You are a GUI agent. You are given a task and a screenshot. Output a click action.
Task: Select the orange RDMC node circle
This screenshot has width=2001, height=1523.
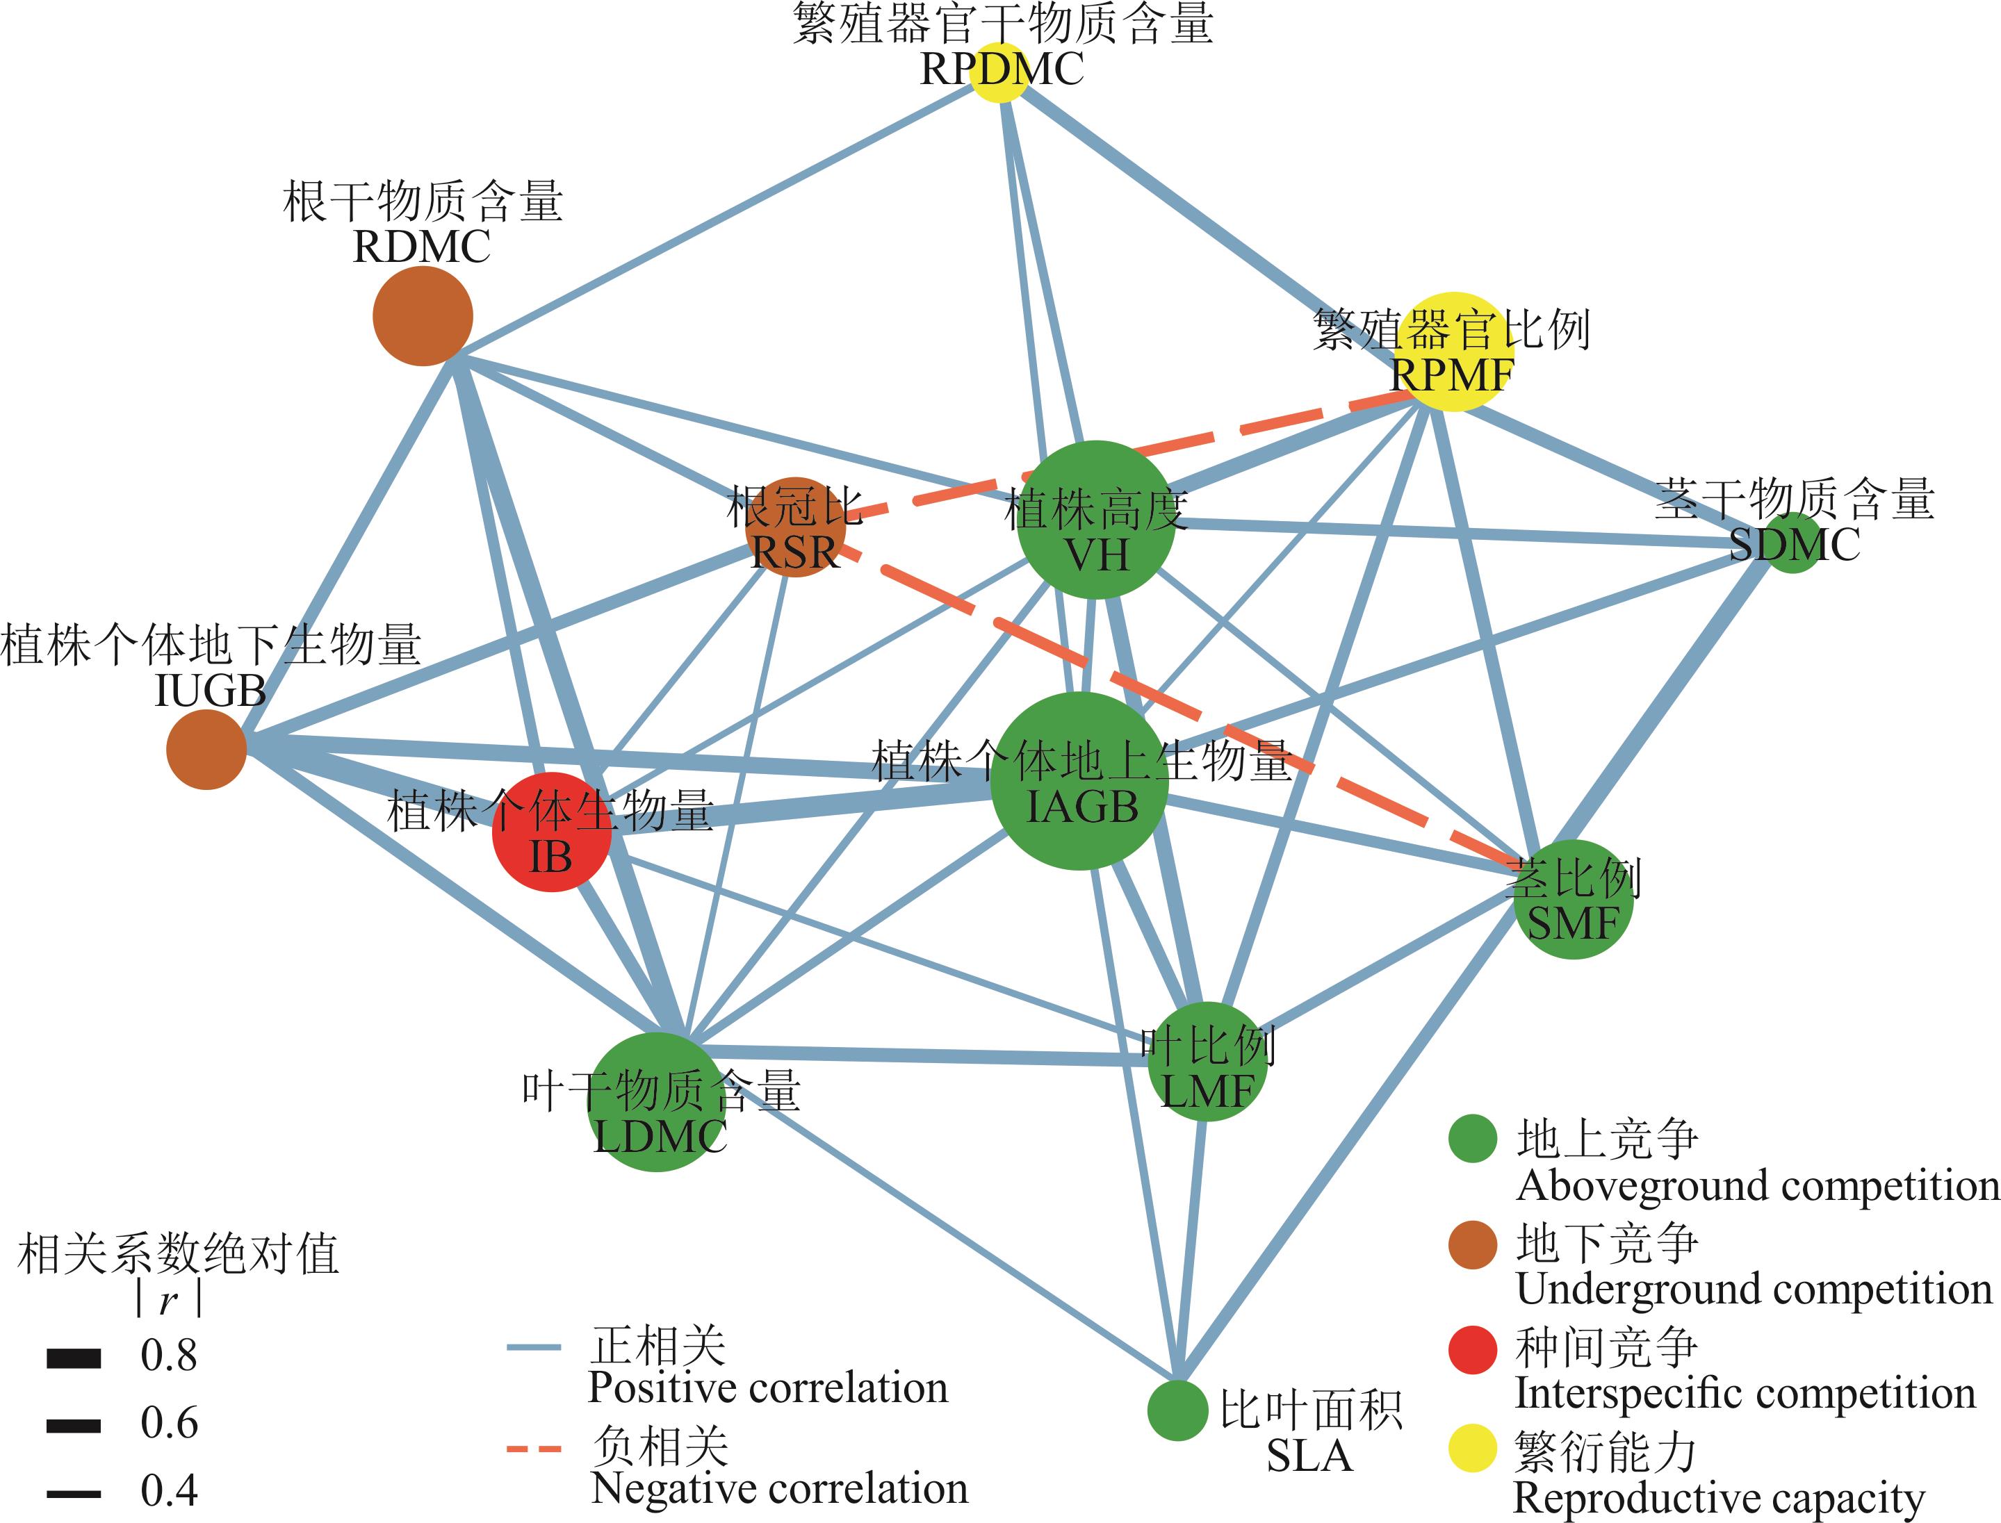click(423, 315)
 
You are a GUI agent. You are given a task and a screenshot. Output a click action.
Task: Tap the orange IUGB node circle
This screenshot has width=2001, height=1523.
click(206, 750)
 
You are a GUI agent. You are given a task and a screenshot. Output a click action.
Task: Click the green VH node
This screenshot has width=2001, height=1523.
click(1096, 520)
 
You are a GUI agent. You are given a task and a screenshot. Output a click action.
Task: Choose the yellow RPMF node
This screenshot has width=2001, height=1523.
click(1453, 352)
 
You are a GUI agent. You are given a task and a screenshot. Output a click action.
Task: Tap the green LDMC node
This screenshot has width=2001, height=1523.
click(658, 1101)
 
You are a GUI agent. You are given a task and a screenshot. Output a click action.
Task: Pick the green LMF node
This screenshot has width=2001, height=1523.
click(1208, 1062)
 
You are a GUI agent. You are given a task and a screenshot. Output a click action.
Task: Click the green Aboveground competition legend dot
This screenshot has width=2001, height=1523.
click(1472, 1139)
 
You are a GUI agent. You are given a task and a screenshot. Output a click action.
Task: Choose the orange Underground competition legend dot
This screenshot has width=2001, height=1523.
click(1472, 1244)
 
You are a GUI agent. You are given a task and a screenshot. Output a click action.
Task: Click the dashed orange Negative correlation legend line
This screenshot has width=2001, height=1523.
click(534, 1448)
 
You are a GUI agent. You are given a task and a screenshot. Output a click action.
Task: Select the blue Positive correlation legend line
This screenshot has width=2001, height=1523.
click(534, 1348)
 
